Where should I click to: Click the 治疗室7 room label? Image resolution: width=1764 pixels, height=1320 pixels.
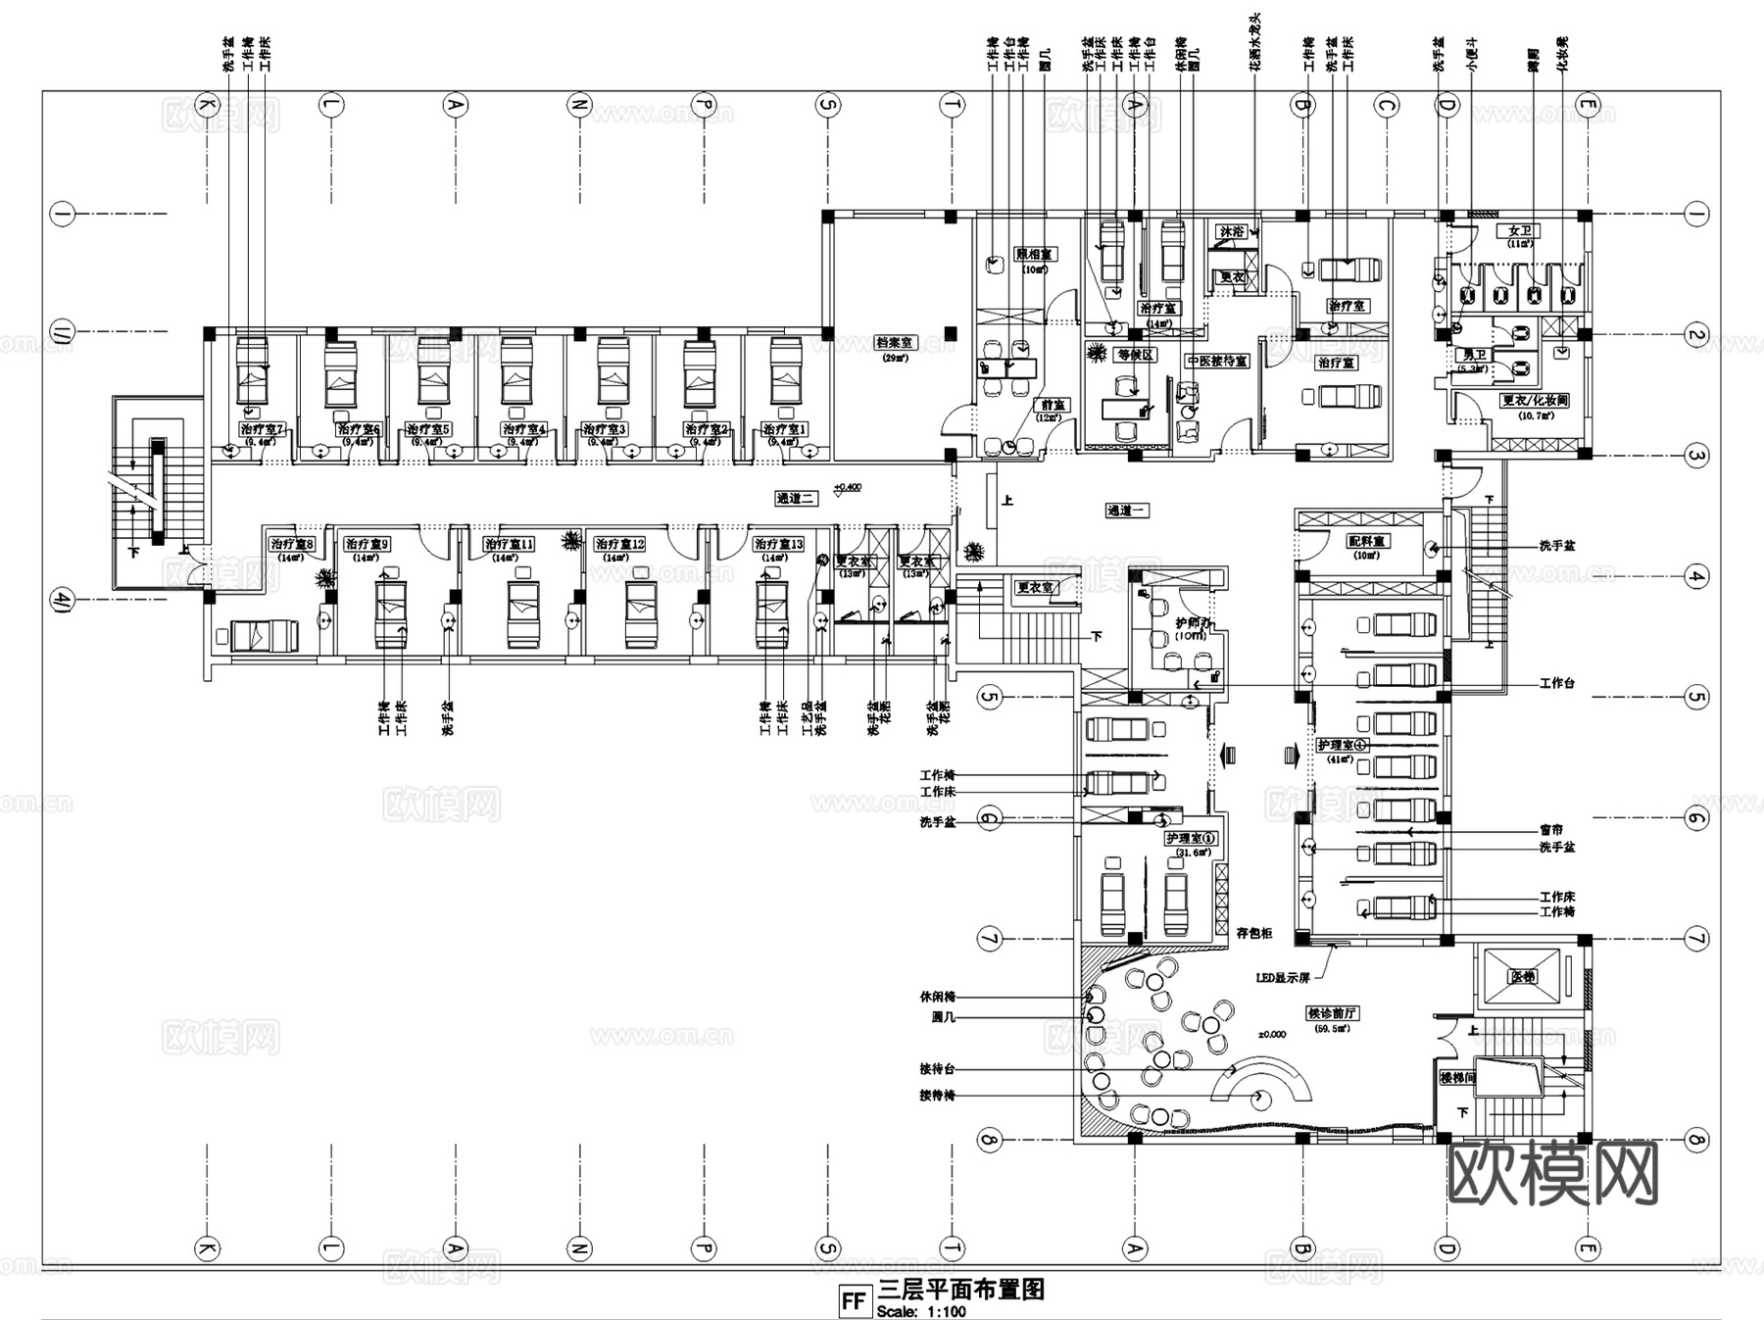tap(262, 429)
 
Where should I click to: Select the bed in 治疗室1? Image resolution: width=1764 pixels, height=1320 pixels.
tap(786, 372)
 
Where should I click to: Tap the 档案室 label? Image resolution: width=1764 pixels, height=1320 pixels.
tap(893, 343)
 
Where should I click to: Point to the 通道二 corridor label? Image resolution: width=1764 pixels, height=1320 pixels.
tap(796, 499)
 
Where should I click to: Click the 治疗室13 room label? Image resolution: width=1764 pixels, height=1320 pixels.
tap(778, 544)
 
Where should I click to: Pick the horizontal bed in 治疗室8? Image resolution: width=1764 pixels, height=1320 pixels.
tap(263, 635)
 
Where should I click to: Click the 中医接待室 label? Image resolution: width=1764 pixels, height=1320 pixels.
tap(1217, 362)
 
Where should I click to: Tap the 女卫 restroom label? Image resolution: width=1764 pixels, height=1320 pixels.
tap(1519, 231)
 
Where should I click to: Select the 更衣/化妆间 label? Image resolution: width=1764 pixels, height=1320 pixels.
tap(1535, 401)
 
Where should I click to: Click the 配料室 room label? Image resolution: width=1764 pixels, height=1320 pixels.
tap(1367, 541)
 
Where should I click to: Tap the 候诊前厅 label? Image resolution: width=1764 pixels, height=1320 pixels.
tap(1333, 1014)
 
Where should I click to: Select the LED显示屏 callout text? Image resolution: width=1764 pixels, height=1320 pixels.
tap(1283, 978)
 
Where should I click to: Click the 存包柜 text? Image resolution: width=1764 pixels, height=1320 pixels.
tap(1254, 934)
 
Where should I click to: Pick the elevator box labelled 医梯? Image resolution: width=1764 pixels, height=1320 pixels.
tap(1522, 977)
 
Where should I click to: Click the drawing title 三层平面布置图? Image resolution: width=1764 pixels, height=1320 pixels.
tap(961, 1290)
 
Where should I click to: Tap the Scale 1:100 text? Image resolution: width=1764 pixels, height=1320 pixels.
tap(921, 1311)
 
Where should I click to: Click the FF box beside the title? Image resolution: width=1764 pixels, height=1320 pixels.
tap(854, 1301)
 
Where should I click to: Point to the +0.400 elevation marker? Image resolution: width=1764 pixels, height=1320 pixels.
tap(847, 487)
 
